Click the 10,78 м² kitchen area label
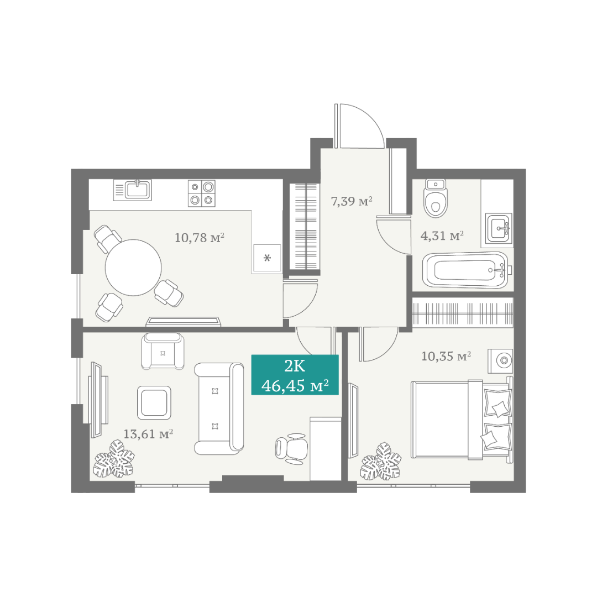coord(200,238)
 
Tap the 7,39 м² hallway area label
coord(352,201)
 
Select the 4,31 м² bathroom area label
coord(442,235)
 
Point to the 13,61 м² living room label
coord(149,434)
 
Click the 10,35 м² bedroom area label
coord(446,356)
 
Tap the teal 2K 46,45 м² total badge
coord(295,375)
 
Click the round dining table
coord(133,268)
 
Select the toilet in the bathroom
coord(436,198)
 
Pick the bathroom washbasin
coord(499,228)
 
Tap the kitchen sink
coord(133,190)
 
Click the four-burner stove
coord(201,193)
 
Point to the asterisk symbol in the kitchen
coord(268,258)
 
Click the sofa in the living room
coord(219,409)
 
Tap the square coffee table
coord(154,402)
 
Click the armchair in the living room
coord(163,351)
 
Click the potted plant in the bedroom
coord(381,461)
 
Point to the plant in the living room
coord(114,458)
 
